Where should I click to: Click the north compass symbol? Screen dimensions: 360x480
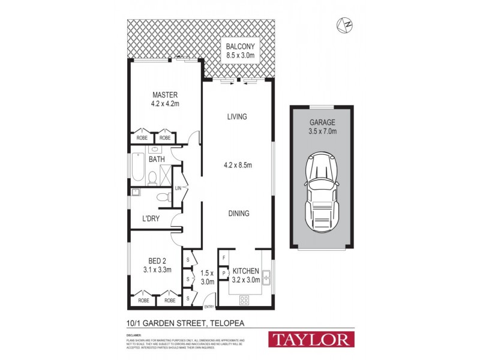pyautogui.click(x=345, y=25)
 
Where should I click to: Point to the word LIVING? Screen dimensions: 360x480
pyautogui.click(x=237, y=116)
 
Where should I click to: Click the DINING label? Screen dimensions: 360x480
pyautogui.click(x=238, y=213)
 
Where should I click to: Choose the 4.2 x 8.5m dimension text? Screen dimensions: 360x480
pyautogui.click(x=237, y=164)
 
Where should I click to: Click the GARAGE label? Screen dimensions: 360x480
pyautogui.click(x=322, y=122)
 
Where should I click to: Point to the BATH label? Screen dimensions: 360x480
pyautogui.click(x=157, y=160)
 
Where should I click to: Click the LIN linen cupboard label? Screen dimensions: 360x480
pyautogui.click(x=178, y=188)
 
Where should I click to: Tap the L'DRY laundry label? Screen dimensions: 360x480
pyautogui.click(x=151, y=218)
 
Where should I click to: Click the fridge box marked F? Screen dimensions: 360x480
pyautogui.click(x=224, y=258)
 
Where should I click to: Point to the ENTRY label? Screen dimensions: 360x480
pyautogui.click(x=209, y=307)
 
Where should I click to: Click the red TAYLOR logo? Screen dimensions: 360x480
pyautogui.click(x=311, y=339)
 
